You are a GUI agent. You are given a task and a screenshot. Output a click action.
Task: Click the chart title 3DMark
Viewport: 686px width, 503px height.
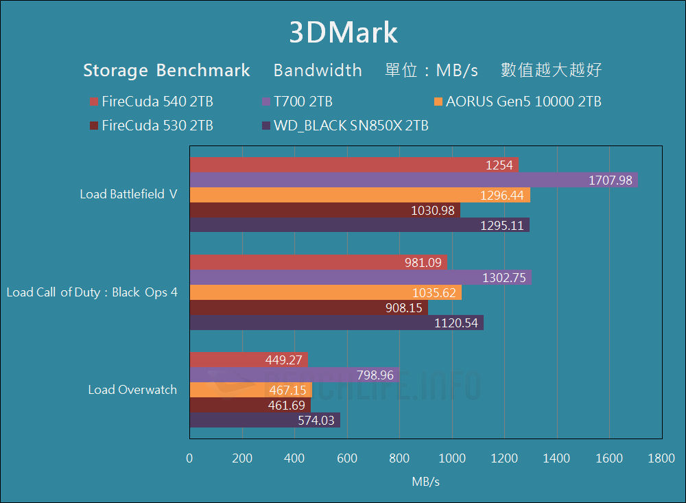coord(343,32)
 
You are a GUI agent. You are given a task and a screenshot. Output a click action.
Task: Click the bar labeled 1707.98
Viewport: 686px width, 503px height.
coord(413,180)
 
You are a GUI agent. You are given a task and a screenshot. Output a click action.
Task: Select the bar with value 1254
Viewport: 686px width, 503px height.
coord(353,165)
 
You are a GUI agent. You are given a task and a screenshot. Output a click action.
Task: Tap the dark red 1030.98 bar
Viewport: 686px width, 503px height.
coord(324,211)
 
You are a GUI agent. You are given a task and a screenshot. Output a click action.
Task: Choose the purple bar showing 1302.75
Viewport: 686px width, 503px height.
coord(360,278)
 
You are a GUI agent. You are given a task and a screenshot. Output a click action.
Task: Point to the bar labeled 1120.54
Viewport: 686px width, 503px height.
coord(336,323)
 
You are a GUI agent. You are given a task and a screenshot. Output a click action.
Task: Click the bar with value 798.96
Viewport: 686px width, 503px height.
coord(294,375)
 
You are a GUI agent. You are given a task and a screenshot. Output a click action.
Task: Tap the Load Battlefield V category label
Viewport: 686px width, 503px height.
coord(128,194)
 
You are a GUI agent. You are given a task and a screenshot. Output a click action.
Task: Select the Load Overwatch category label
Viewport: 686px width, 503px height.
coord(132,390)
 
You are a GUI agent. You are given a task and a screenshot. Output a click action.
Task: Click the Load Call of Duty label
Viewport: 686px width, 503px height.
coord(92,292)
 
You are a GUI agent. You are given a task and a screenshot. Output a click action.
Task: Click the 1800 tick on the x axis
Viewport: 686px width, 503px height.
coord(661,459)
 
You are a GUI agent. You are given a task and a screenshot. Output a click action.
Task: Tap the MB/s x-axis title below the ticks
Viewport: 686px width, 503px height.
coord(425,482)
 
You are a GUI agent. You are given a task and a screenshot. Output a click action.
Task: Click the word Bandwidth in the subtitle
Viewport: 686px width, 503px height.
coord(318,70)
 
